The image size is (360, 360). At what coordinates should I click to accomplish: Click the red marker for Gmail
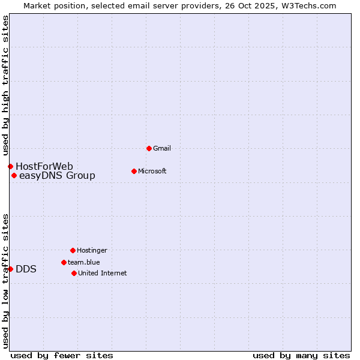pyautogui.click(x=149, y=148)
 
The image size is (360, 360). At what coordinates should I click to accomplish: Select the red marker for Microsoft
pyautogui.click(x=134, y=171)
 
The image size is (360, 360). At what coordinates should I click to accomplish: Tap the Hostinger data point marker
pyautogui.click(x=73, y=250)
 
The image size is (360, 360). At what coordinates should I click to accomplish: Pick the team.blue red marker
pyautogui.click(x=64, y=262)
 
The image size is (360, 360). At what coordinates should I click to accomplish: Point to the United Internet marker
pyautogui.click(x=74, y=273)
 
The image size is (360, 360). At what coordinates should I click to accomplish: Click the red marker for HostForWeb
pyautogui.click(x=10, y=166)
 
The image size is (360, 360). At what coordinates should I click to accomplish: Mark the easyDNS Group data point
pyautogui.click(x=14, y=176)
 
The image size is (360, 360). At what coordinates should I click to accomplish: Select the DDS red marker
pyautogui.click(x=10, y=269)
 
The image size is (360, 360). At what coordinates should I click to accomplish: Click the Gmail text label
pyautogui.click(x=162, y=148)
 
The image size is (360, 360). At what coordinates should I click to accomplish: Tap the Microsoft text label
pyautogui.click(x=152, y=171)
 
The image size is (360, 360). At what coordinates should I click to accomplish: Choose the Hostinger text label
pyautogui.click(x=92, y=250)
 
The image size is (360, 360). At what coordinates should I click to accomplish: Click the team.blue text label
pyautogui.click(x=84, y=262)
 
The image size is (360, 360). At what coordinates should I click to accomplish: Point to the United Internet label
pyautogui.click(x=103, y=273)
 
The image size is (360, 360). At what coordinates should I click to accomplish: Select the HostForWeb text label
pyautogui.click(x=44, y=166)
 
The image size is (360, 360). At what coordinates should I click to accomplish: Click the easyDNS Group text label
pyautogui.click(x=57, y=176)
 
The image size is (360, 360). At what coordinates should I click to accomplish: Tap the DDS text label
pyautogui.click(x=26, y=269)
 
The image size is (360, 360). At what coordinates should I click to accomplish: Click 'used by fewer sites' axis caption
pyautogui.click(x=62, y=355)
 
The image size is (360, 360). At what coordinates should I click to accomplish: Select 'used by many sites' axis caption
pyautogui.click(x=301, y=355)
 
